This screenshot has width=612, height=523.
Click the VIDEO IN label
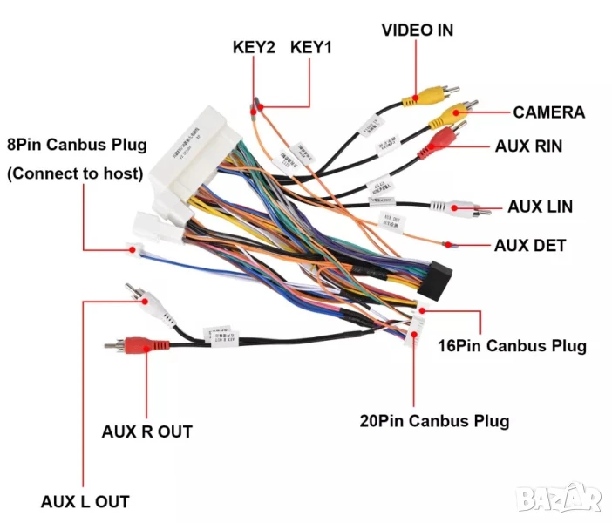[x=418, y=31]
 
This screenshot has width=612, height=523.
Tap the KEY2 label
[x=254, y=48]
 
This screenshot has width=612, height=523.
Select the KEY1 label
[x=311, y=48]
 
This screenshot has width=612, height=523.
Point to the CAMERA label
[x=548, y=112]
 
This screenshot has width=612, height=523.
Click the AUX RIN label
[x=528, y=146]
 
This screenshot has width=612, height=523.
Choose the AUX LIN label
[x=540, y=207]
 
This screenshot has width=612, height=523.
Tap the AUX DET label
[x=530, y=245]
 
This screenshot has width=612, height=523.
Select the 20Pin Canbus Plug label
[x=434, y=421]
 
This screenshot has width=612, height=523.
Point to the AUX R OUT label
[x=146, y=431]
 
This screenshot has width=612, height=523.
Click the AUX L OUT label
[x=85, y=502]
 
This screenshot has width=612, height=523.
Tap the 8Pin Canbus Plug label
[x=77, y=144]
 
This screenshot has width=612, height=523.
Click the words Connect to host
[x=75, y=173]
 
